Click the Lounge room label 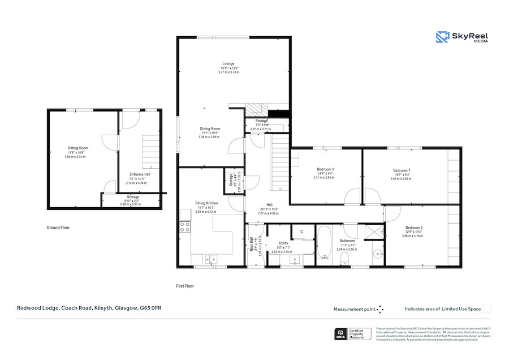(x=228, y=63)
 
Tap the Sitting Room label (x=75, y=148)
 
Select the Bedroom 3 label (x=325, y=169)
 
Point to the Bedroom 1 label (x=402, y=170)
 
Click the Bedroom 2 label (x=413, y=228)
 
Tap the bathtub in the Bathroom (x=324, y=243)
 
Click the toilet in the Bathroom (x=344, y=259)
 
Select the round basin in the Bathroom (x=377, y=253)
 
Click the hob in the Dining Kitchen (x=184, y=227)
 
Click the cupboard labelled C (x=301, y=232)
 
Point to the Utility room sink (x=295, y=260)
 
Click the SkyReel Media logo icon (x=442, y=37)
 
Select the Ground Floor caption (x=58, y=228)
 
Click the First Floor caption (x=185, y=286)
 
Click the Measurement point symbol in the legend (x=380, y=309)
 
